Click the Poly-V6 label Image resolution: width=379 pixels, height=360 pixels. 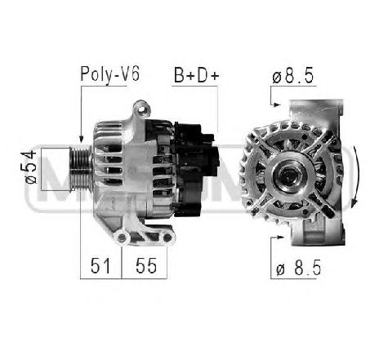(110, 74)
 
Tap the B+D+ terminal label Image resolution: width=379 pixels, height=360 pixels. (197, 75)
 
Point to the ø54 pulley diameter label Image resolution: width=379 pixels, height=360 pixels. (31, 167)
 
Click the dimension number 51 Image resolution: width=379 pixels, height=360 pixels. (100, 265)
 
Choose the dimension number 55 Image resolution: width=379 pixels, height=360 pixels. (146, 265)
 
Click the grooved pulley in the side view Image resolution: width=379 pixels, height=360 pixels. (81, 169)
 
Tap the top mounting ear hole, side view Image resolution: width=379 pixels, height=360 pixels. (142, 109)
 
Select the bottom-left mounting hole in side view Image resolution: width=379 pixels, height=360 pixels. (122, 238)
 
